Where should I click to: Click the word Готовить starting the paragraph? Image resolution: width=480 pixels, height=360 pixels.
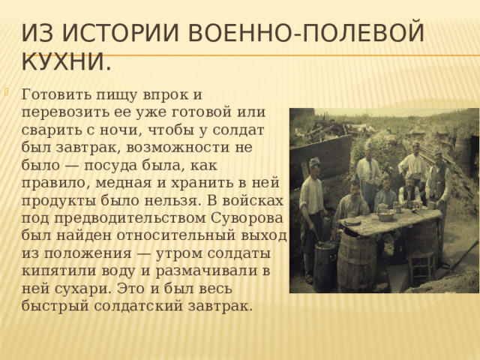pyautogui.click(x=57, y=95)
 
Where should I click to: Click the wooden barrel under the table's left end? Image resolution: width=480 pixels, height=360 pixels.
pyautogui.click(x=357, y=262)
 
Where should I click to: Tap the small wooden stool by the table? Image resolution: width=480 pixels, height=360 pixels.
pyautogui.click(x=422, y=263)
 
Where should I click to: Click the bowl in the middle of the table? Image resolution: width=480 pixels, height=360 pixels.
pyautogui.click(x=385, y=217)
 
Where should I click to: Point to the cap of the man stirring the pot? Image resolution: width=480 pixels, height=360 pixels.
pyautogui.click(x=314, y=161)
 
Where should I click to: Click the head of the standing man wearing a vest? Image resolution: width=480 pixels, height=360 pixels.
pyautogui.click(x=437, y=155)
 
